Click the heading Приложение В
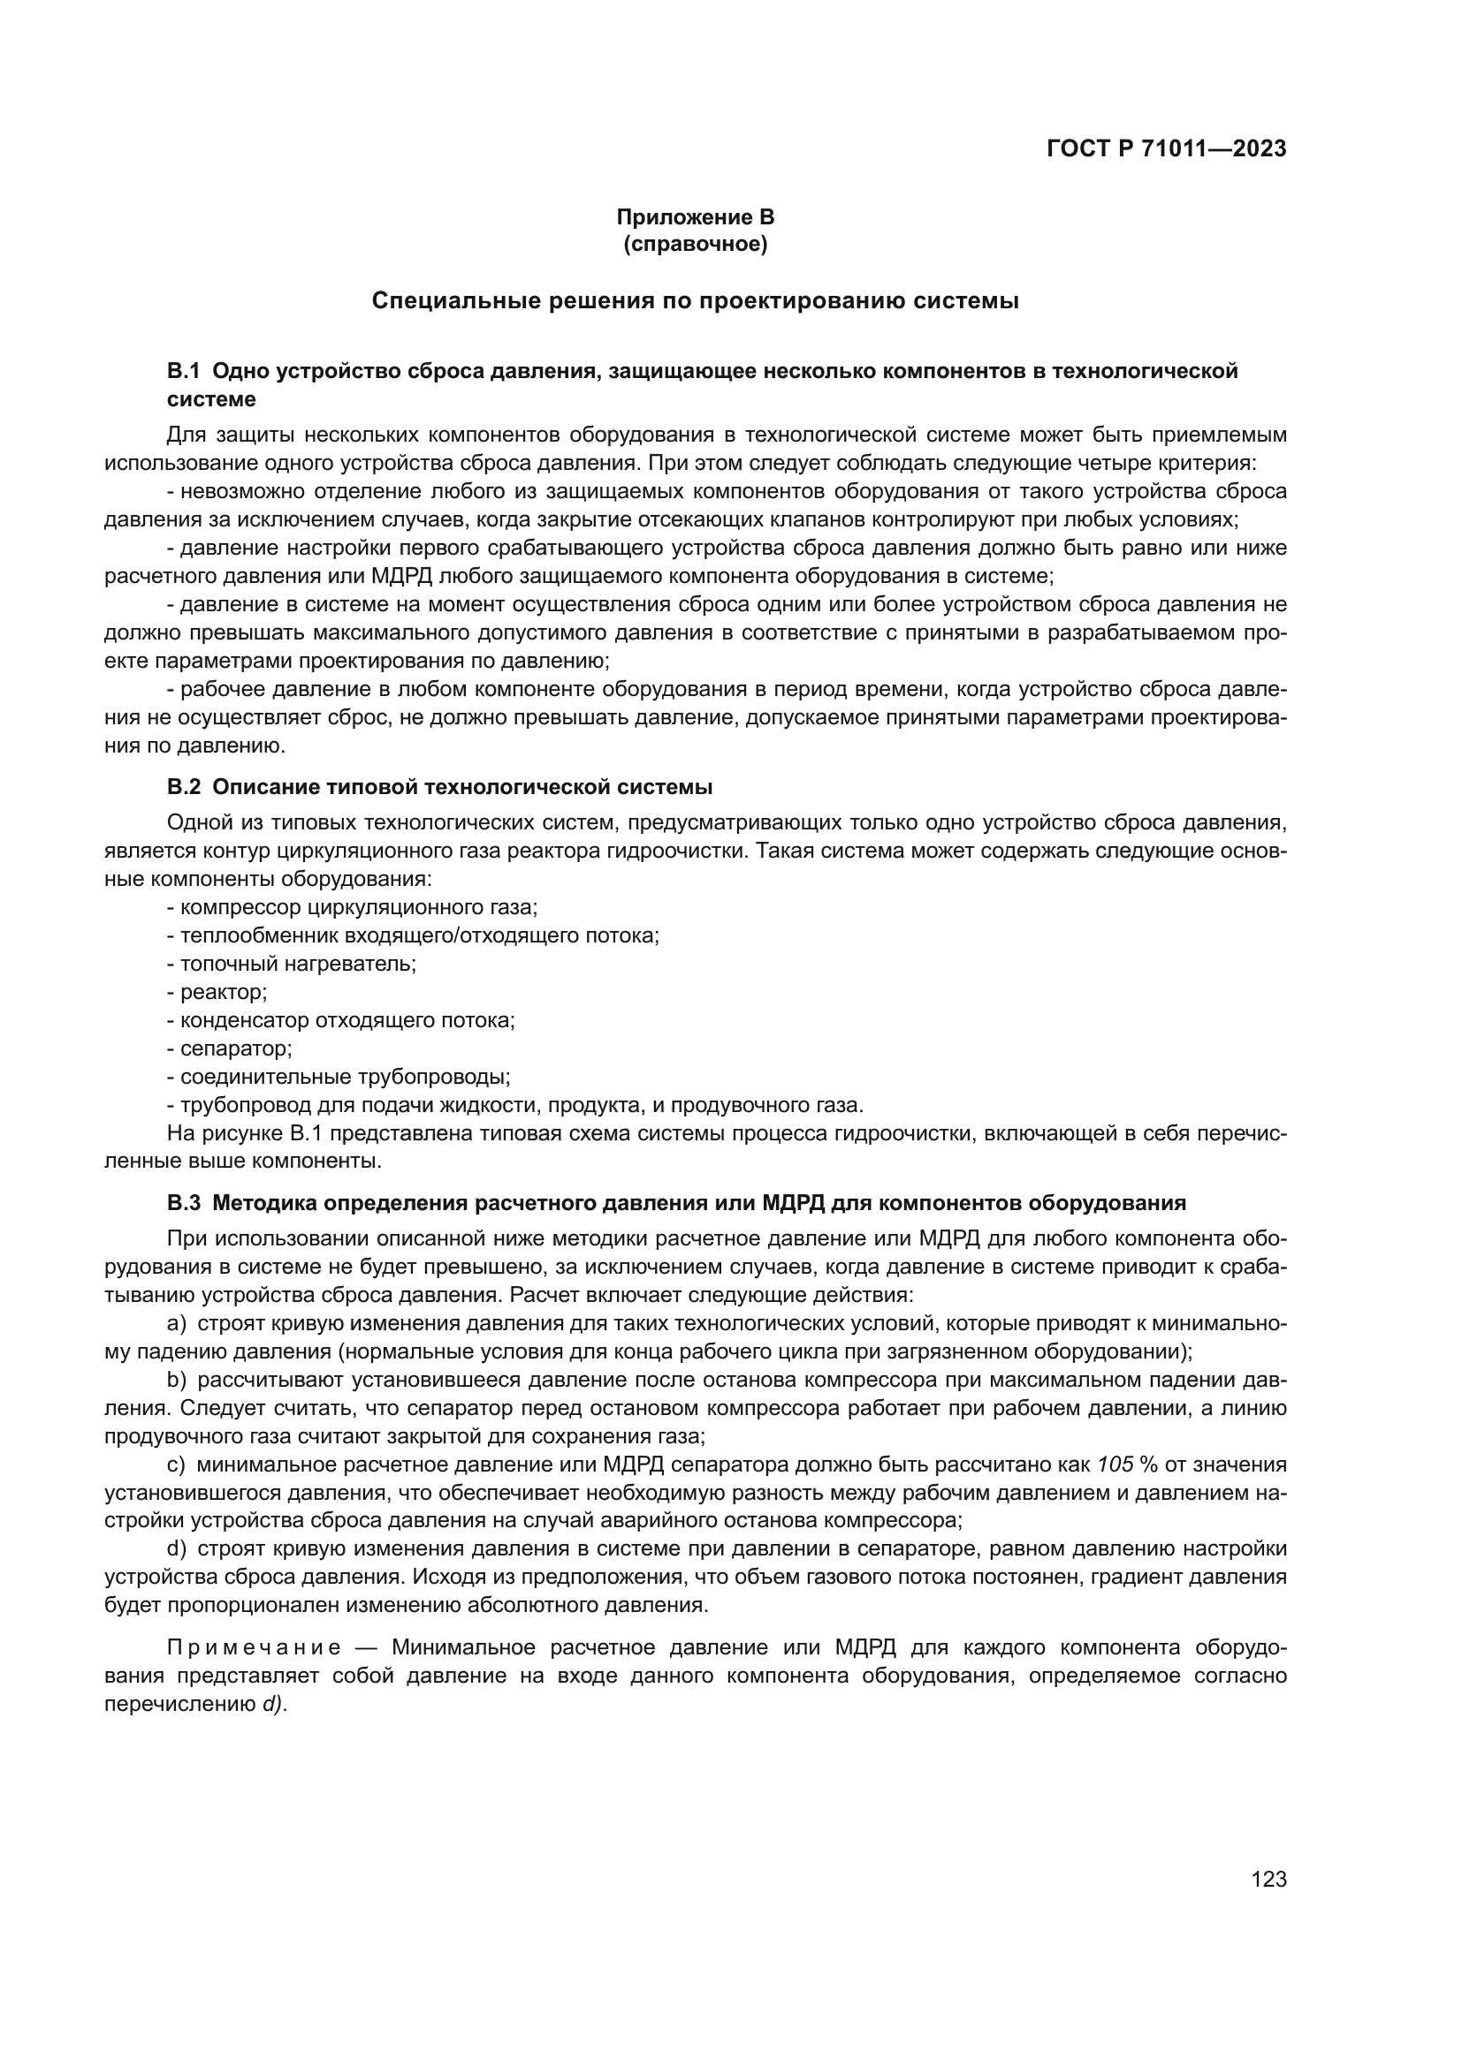[695, 217]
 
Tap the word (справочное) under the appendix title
[695, 244]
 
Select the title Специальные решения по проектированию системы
[695, 301]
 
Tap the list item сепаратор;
[236, 1049]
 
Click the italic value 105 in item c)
[1116, 1464]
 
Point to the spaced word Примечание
[255, 1647]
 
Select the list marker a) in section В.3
[177, 1324]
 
